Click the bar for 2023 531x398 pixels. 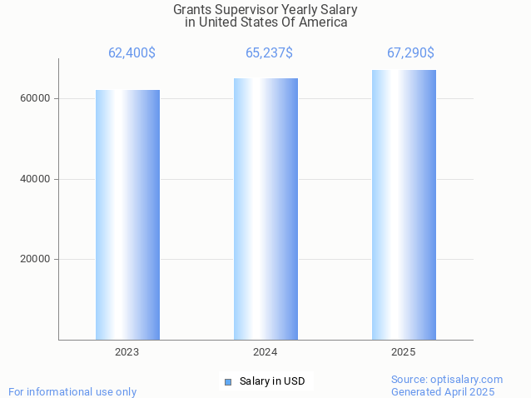coord(127,215)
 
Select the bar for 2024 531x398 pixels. coord(265,209)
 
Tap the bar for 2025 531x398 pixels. coord(404,205)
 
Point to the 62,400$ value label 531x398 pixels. coord(132,53)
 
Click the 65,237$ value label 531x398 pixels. coord(269,53)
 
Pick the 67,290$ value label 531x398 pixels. coord(410,53)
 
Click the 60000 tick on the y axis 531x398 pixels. coord(36,98)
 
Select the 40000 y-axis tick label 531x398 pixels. coord(36,179)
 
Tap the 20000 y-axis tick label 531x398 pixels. coord(36,259)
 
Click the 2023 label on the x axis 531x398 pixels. coord(127,352)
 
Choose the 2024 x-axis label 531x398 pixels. coord(265,352)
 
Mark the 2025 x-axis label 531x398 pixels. coord(404,352)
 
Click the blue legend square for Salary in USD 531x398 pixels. coord(227,382)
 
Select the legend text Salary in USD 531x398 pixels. coord(272,382)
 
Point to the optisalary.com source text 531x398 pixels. coord(447,380)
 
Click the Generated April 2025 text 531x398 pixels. coord(443,392)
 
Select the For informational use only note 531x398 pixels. coord(72,392)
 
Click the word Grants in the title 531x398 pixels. coord(192,10)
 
